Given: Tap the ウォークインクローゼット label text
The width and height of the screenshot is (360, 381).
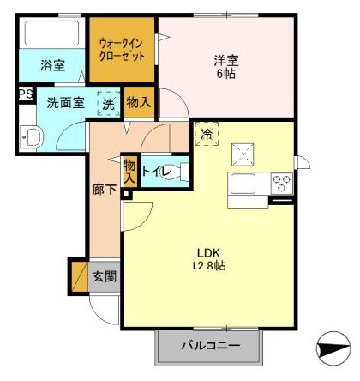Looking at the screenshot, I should pos(122,49).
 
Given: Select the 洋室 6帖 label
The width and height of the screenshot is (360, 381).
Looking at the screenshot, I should pos(225,66).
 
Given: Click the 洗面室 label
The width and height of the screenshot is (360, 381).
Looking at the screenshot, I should pos(65,103).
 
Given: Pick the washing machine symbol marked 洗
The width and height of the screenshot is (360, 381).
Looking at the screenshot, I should pos(108,102).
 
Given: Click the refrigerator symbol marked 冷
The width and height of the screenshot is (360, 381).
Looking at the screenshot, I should pos(207,134).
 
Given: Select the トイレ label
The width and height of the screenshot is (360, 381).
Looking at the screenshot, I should pos(155,172).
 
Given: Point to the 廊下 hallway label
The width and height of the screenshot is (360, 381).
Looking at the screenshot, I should pos(104,190).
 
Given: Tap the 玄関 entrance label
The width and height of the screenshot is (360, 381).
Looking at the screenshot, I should pos(105,277).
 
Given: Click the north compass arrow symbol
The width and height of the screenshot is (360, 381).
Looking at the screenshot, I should pos(333,350).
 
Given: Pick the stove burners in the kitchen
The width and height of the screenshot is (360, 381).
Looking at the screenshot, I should pos(280,183).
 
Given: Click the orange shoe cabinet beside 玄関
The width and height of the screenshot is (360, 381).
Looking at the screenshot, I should pos(79,276).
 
